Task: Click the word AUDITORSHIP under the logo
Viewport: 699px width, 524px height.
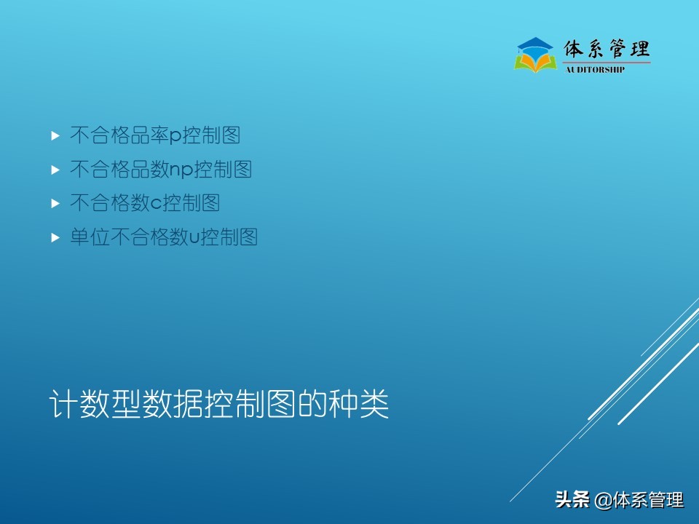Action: click(595, 70)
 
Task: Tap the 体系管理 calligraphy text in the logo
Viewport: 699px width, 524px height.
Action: click(607, 49)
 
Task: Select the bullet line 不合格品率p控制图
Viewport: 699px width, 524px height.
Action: click(155, 135)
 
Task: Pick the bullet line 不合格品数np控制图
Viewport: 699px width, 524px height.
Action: click(161, 170)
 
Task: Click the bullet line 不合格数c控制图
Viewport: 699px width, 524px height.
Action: click(145, 203)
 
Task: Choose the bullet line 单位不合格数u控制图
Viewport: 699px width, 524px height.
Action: click(164, 237)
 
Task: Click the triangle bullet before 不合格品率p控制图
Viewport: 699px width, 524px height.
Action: click(55, 135)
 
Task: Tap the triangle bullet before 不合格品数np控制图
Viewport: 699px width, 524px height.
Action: click(55, 170)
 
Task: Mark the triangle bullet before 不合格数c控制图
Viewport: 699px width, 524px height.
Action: click(55, 204)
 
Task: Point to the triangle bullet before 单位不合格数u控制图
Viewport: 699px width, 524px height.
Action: click(55, 238)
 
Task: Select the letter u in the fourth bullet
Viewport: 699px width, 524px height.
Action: click(194, 239)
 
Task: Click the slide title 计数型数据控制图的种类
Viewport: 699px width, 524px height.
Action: click(218, 405)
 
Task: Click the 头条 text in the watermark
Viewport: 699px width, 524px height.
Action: click(572, 500)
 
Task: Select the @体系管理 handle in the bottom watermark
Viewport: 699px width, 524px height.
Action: click(639, 500)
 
